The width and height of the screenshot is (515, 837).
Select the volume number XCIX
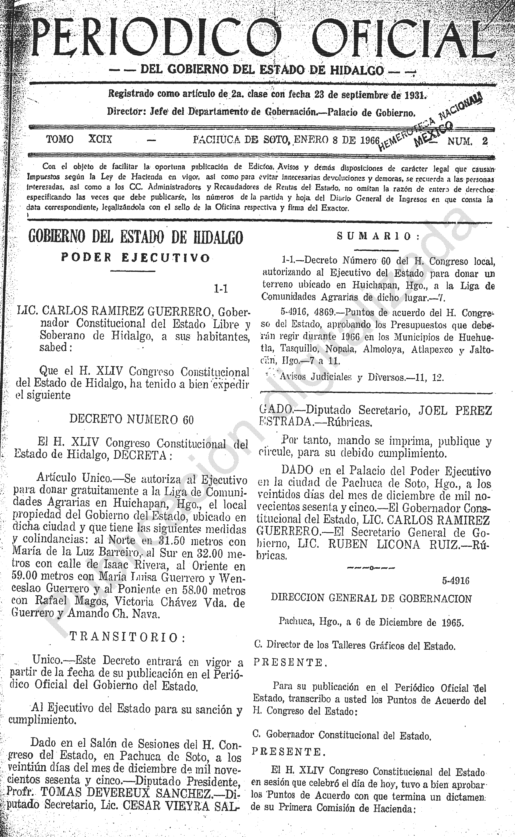pyautogui.click(x=100, y=140)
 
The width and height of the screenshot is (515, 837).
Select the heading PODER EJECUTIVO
pyautogui.click(x=135, y=258)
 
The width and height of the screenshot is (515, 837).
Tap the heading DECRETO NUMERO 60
pyautogui.click(x=131, y=419)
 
